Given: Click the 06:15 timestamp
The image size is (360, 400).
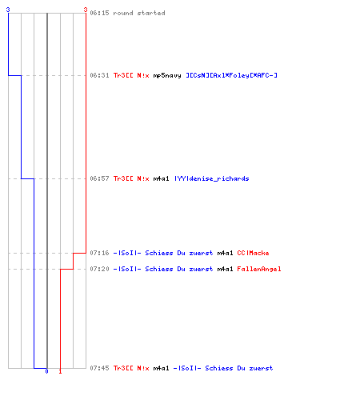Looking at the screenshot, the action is click(x=99, y=13).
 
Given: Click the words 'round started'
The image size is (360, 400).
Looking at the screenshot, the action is click(x=139, y=13).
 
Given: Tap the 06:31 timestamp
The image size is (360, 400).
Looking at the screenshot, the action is click(x=99, y=75).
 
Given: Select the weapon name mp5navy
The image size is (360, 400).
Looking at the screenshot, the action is click(x=167, y=76).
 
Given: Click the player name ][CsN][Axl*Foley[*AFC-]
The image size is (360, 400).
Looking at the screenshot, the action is click(x=231, y=75).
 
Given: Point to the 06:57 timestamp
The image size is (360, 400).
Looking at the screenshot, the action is click(x=99, y=178).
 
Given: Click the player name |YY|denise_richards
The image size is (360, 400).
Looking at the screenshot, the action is click(x=212, y=178).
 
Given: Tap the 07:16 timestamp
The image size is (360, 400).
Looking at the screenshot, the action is click(x=99, y=253).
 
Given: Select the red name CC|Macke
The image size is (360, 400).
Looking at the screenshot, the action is click(x=253, y=253).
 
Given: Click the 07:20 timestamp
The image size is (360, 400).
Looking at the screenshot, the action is click(x=99, y=269).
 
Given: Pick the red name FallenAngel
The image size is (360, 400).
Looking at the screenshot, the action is click(x=259, y=269).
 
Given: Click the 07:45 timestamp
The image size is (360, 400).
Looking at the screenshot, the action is click(x=99, y=368).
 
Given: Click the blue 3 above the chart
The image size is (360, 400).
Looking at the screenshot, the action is click(x=8, y=10).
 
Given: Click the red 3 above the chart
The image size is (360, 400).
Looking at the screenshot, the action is click(x=86, y=10).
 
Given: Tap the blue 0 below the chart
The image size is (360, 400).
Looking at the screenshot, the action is click(x=46, y=371).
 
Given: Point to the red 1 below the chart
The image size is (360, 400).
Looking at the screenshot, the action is click(x=60, y=371).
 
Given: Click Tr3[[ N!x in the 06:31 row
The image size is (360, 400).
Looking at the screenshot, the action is click(x=131, y=75).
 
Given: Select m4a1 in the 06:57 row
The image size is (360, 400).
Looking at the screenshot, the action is click(x=161, y=178).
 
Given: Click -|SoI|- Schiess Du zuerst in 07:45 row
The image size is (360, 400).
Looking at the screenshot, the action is click(x=223, y=368).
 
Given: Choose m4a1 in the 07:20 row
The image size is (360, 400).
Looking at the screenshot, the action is click(x=225, y=269).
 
